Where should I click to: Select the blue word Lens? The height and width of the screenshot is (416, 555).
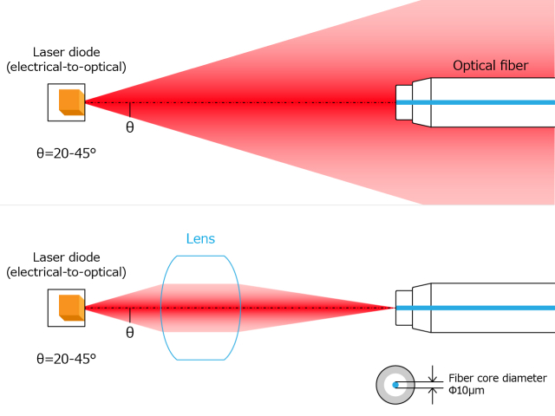[x=200, y=238]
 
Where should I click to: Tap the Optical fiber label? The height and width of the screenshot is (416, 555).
[x=491, y=66]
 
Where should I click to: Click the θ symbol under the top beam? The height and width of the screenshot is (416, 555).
[x=130, y=127]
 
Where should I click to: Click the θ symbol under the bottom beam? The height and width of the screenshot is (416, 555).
[x=130, y=332]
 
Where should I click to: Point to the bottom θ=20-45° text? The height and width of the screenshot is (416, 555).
[x=66, y=357]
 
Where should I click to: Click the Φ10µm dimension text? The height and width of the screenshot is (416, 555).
[x=467, y=391]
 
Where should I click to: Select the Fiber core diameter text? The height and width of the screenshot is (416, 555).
[x=497, y=378]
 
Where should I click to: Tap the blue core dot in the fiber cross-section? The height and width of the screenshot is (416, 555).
[x=395, y=384]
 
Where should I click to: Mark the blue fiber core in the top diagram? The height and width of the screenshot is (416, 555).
[x=486, y=102]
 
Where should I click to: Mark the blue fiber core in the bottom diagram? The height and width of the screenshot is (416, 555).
[x=486, y=308]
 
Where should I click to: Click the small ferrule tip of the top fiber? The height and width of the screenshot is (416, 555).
[x=403, y=102]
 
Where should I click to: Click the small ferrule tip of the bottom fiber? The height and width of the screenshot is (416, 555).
[x=403, y=308]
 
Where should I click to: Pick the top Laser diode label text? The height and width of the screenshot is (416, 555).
[x=66, y=59]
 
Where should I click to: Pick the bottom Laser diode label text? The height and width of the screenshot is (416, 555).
[x=66, y=264]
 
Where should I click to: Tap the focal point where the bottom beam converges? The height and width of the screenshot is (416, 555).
[x=392, y=308]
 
